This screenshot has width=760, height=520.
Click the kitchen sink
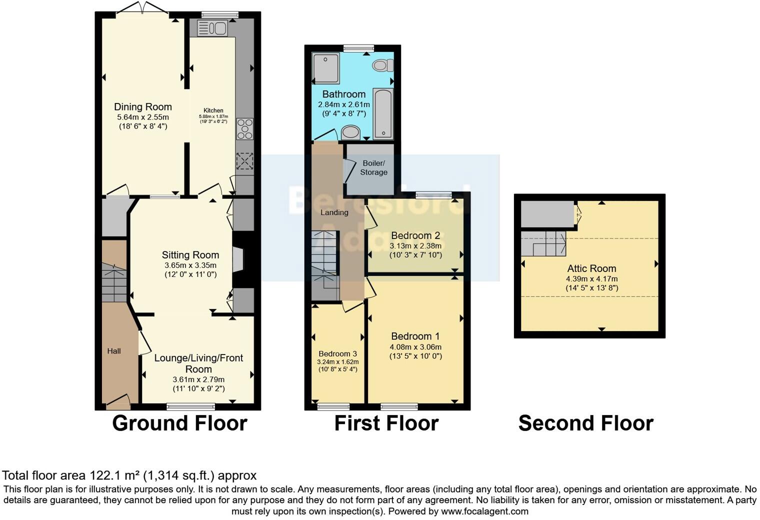pos(212,28)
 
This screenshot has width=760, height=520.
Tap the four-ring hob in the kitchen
pos(244,128)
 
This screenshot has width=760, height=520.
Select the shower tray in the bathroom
pos(325,68)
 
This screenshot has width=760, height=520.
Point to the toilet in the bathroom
pos(383,65)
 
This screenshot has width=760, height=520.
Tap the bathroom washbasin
pos(351,132)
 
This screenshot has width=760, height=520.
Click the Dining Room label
pos(143,106)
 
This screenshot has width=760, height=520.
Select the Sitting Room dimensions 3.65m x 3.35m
pos(190,265)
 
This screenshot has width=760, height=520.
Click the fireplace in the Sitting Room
pos(238,259)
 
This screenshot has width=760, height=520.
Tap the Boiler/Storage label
pos(373,168)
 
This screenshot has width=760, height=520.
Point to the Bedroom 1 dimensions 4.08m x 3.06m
pos(415,346)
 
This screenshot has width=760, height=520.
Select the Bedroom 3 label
pos(337,353)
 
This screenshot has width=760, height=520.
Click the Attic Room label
pos(591,268)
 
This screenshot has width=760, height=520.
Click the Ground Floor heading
pos(179,423)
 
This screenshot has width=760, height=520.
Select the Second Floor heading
pos(585,423)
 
